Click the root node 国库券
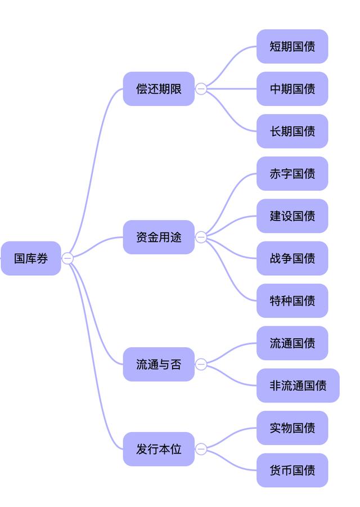(x=31, y=258)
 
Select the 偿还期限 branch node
(x=159, y=88)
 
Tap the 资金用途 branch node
(x=159, y=237)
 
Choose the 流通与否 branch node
(x=159, y=364)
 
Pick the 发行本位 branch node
(x=159, y=449)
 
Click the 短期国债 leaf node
(x=292, y=46)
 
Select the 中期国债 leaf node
(x=292, y=88)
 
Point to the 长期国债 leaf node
(x=292, y=131)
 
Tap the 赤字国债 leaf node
(x=292, y=173)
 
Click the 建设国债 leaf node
(x=292, y=216)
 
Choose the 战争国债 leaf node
(x=292, y=258)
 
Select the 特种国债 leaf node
(x=292, y=300)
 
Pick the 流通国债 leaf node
(x=292, y=343)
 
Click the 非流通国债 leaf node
(x=298, y=385)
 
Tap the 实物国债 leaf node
(x=292, y=428)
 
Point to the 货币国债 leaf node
(x=292, y=470)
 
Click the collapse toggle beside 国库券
(x=67, y=258)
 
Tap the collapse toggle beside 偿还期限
(x=201, y=88)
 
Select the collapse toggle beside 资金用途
(x=201, y=237)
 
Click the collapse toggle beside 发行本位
(x=201, y=449)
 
